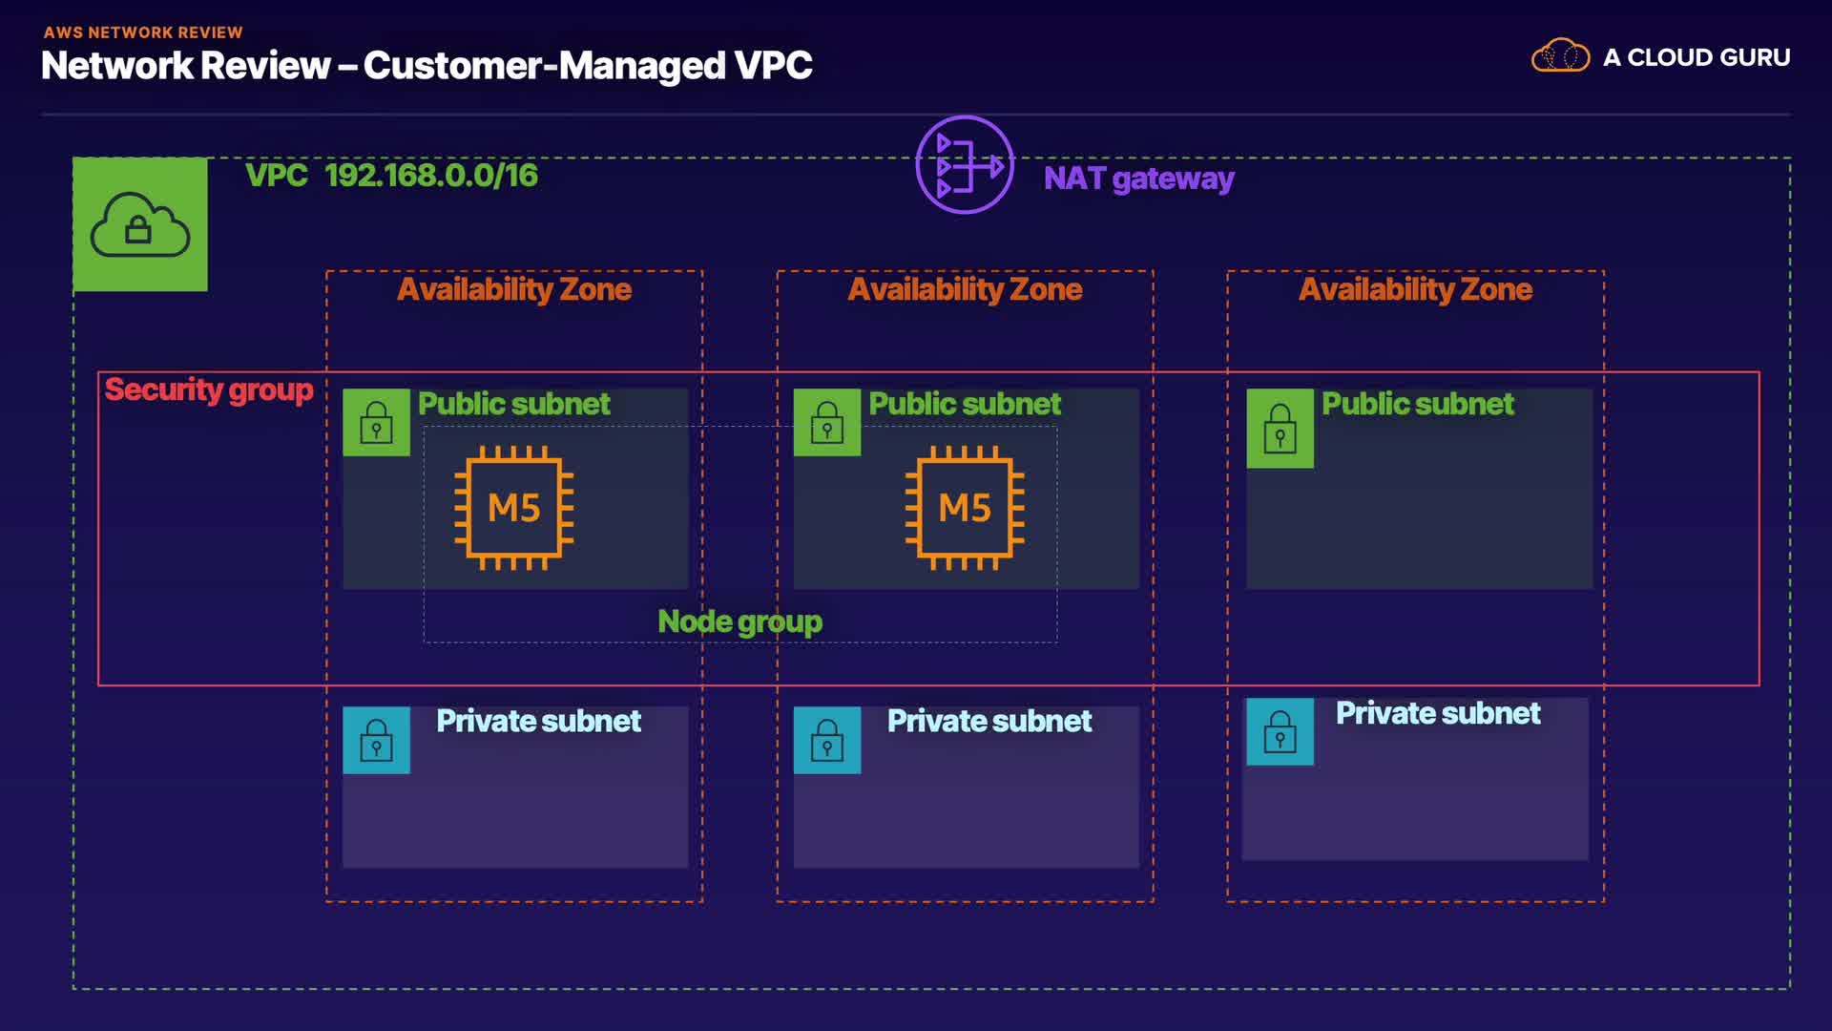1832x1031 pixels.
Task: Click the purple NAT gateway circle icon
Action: click(964, 165)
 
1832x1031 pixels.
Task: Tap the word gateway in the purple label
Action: click(1173, 179)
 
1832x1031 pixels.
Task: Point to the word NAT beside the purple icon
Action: click(1074, 179)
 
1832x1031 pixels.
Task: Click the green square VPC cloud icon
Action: click(140, 224)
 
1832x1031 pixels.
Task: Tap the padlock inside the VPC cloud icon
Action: click(138, 230)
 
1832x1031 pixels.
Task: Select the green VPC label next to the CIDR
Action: click(276, 176)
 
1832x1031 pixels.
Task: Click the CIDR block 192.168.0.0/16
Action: click(431, 176)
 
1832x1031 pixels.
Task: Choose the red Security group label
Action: click(209, 389)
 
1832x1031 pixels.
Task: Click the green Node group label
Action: click(739, 621)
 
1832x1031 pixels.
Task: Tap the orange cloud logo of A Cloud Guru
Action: click(1560, 56)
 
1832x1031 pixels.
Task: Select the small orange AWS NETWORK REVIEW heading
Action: click(143, 32)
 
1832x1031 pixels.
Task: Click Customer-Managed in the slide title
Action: click(545, 66)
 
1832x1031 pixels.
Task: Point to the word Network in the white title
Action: click(117, 66)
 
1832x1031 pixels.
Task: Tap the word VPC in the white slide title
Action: click(773, 66)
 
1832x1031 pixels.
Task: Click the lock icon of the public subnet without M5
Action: click(1280, 429)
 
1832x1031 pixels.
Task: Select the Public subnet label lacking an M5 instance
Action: click(1417, 404)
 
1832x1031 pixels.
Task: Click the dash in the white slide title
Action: click(347, 67)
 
